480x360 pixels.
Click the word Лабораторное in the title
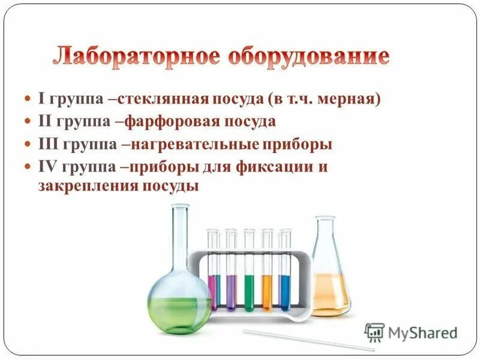pyautogui.click(x=134, y=56)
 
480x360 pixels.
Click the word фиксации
pyautogui.click(x=280, y=167)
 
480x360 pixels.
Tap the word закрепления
pyautogui.click(x=88, y=186)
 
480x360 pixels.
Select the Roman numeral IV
pyautogui.click(x=47, y=167)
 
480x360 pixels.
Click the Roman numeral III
pyautogui.click(x=49, y=145)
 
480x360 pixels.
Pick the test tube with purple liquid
pyautogui.click(x=231, y=291)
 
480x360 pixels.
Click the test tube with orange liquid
pyautogui.click(x=267, y=291)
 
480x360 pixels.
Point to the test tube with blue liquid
pyautogui.click(x=285, y=291)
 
